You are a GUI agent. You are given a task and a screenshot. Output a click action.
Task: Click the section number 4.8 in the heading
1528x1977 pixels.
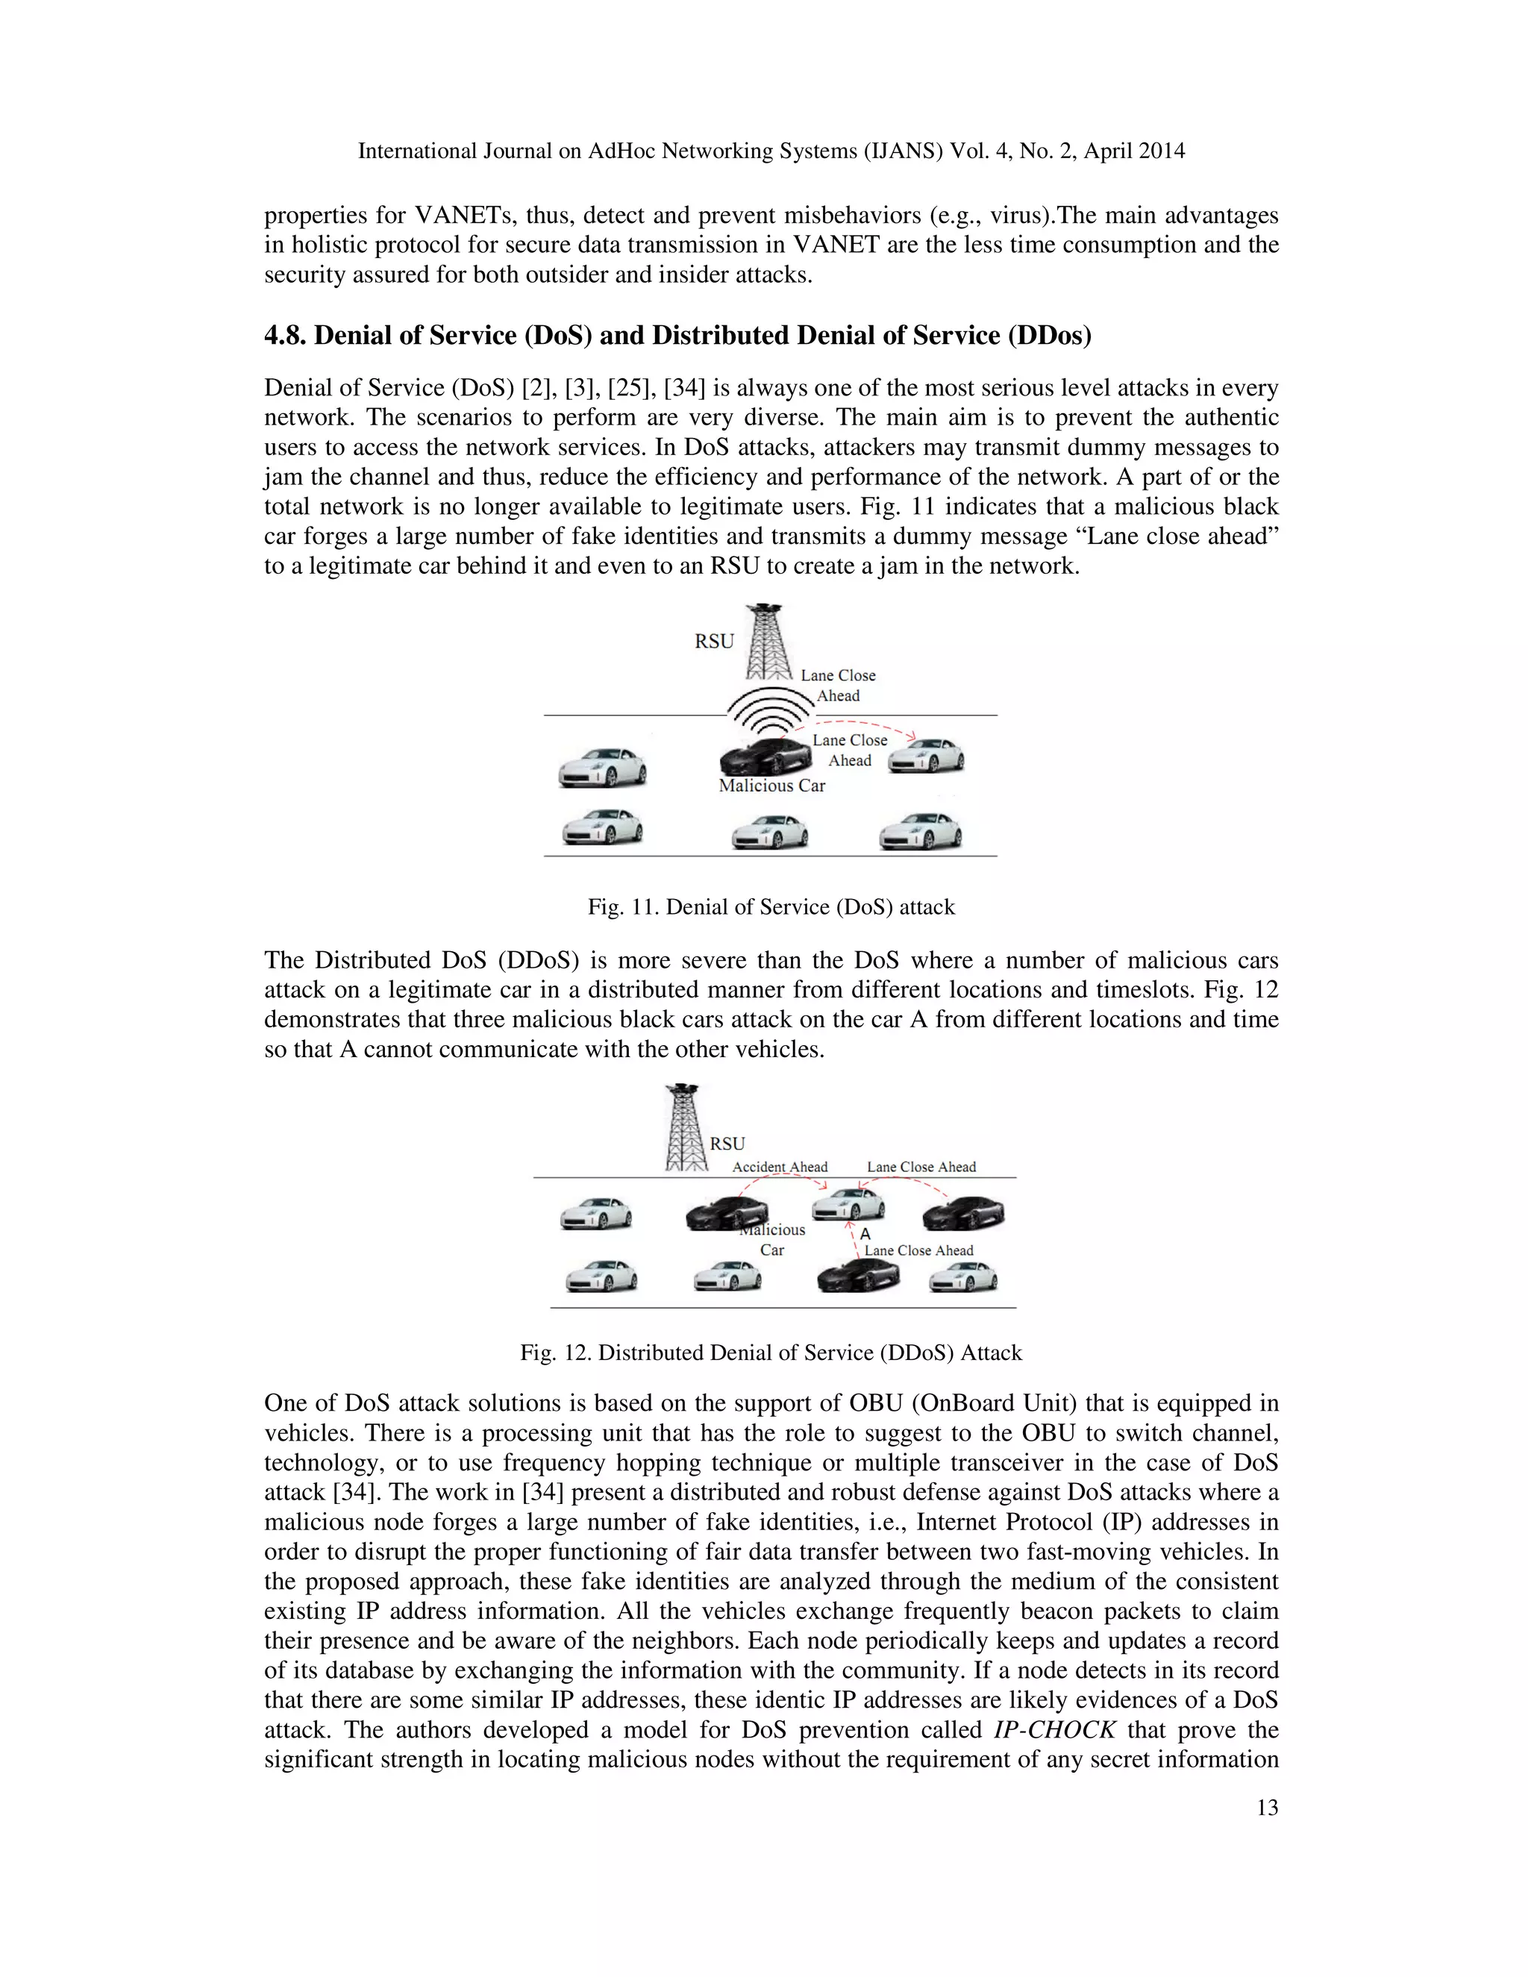point(285,336)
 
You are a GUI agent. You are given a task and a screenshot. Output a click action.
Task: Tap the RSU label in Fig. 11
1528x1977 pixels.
point(713,642)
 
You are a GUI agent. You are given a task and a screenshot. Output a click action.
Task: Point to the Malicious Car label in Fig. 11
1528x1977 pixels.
point(771,786)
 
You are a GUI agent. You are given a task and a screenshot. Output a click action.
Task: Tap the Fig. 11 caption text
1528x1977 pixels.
point(771,907)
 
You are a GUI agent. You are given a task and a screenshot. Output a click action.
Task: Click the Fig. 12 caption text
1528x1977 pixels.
point(771,1353)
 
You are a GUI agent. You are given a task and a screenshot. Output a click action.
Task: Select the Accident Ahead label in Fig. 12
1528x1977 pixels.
point(780,1167)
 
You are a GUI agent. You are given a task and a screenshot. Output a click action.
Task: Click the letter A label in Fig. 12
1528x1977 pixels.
point(865,1234)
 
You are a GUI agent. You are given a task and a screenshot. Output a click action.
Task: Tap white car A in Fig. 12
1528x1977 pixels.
point(848,1205)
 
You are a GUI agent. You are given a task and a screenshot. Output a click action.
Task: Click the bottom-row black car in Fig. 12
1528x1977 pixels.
point(858,1276)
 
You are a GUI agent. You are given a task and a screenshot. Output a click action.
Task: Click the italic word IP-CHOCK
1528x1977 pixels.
point(1054,1730)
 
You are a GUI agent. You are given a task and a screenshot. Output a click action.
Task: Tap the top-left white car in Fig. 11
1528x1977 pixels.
point(602,768)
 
